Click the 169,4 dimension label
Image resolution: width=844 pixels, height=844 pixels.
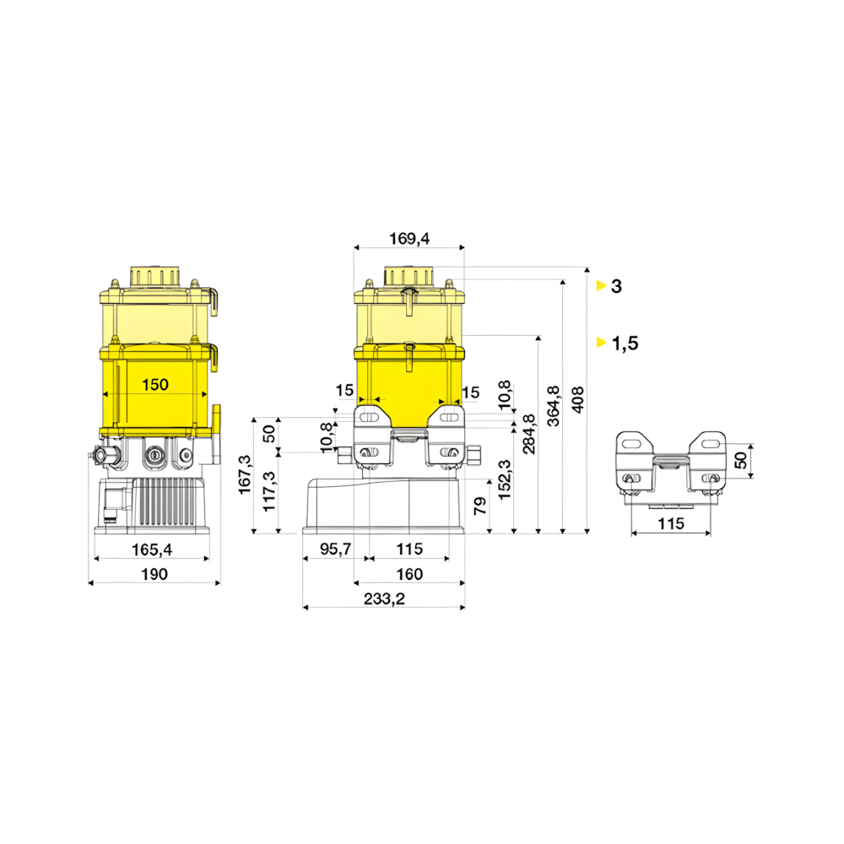(409, 239)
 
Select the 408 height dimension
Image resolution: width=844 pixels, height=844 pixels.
(577, 399)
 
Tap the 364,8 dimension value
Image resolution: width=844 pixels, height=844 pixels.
(554, 406)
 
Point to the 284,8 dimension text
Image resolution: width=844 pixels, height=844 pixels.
(529, 434)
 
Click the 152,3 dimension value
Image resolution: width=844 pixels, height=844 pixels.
(505, 480)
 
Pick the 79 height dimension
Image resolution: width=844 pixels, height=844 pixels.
(480, 506)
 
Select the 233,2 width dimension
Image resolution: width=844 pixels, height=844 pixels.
(384, 598)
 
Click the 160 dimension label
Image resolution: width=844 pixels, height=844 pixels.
(409, 574)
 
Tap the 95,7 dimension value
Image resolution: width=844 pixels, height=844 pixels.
(335, 549)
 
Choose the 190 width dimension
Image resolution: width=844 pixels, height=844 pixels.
(154, 574)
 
